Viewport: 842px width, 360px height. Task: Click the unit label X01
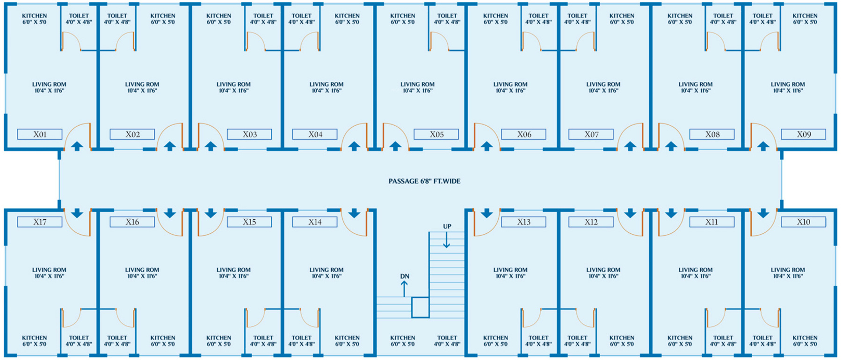coord(40,135)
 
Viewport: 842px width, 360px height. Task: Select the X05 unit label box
coord(436,135)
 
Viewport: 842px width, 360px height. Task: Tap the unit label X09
coord(804,135)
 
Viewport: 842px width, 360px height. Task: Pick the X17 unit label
coord(40,222)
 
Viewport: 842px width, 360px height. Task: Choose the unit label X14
coord(315,222)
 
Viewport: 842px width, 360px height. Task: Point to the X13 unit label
coord(523,222)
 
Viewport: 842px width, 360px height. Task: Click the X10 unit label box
coord(803,222)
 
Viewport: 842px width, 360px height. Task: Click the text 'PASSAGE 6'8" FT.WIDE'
coord(424,181)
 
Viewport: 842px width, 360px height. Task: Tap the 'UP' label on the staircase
coord(447,227)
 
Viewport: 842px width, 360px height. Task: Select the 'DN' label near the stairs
coord(405,277)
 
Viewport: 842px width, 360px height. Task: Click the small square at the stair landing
coord(420,308)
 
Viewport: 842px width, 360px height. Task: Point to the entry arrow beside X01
coord(77,146)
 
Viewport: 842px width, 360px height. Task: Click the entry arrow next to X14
coord(354,214)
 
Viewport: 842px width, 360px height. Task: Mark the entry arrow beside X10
coord(763,214)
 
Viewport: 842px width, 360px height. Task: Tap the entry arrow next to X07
coord(630,146)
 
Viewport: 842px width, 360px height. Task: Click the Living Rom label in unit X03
coord(233,87)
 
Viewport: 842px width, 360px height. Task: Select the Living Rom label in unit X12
coord(603,273)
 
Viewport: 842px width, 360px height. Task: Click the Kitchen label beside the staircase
coord(402,341)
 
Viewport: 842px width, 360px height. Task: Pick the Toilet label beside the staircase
coord(447,341)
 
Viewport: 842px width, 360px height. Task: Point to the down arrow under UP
coord(447,240)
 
